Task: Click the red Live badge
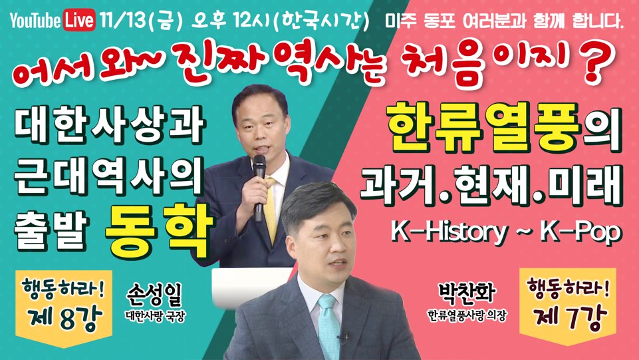pyautogui.click(x=80, y=19)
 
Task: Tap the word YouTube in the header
pyautogui.click(x=36, y=21)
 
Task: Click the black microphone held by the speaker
pyautogui.click(x=259, y=188)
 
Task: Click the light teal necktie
pyautogui.click(x=328, y=326)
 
